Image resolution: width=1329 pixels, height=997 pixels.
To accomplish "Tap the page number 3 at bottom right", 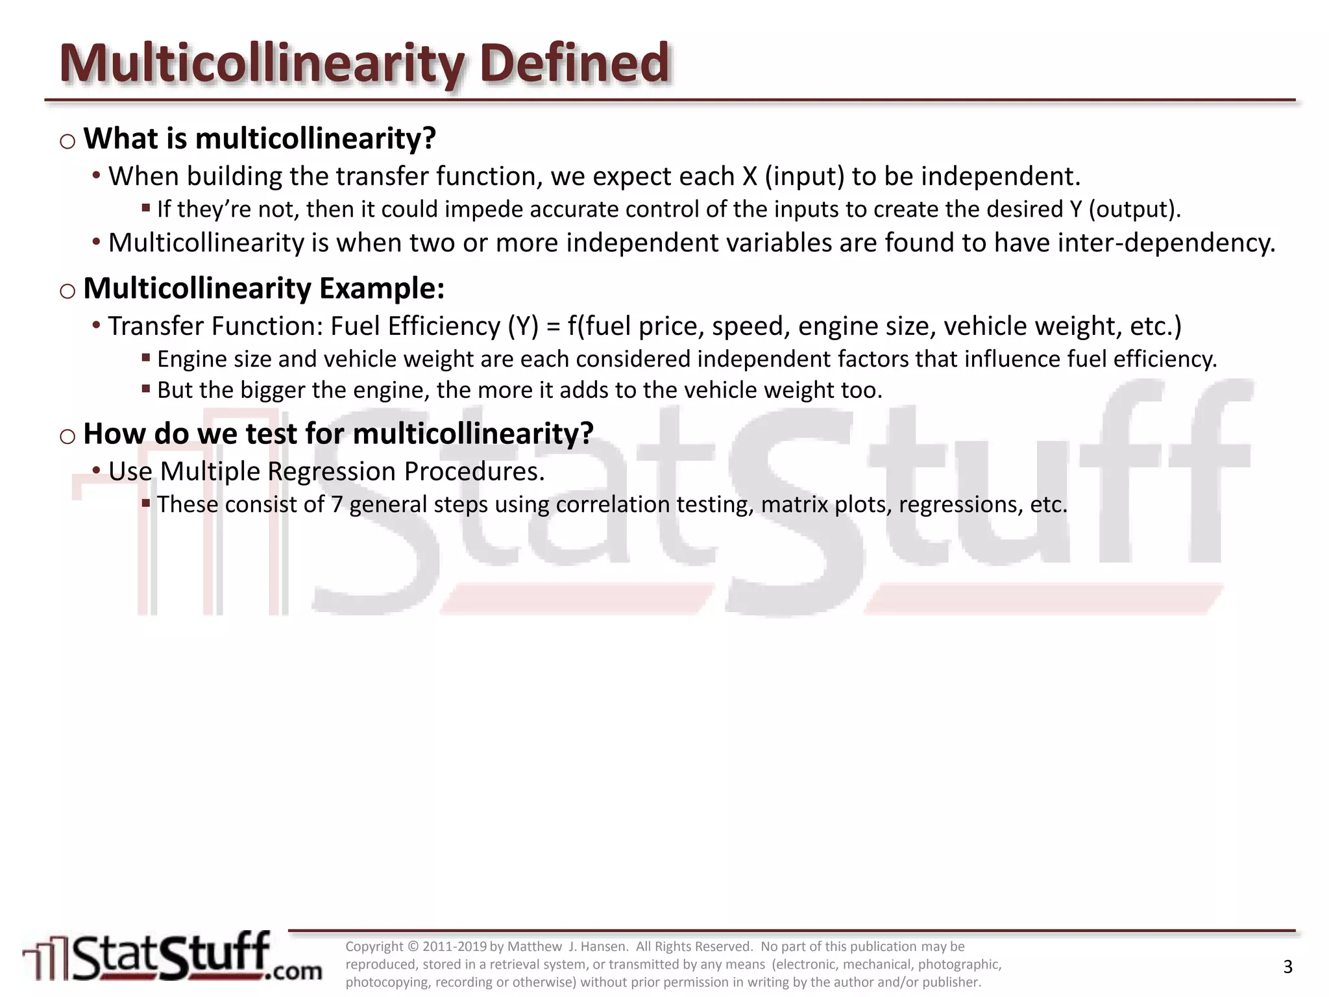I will point(1287,967).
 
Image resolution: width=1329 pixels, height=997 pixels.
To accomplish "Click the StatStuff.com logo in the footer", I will point(172,957).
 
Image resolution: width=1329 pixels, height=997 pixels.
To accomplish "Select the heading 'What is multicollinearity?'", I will point(260,138).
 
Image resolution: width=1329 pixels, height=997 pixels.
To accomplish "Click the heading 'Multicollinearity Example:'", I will point(264,288).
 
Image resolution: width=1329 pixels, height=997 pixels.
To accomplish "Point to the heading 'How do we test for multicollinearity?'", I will point(338,433).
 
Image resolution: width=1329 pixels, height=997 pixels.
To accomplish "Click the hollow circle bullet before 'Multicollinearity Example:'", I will point(67,291).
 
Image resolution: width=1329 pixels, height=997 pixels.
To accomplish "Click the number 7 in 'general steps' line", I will point(337,504).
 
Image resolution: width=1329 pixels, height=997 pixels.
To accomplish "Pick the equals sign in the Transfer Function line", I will point(553,326).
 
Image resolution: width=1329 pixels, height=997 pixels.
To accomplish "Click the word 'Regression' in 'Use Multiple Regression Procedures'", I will point(332,472).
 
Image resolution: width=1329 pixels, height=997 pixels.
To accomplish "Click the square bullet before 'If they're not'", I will point(146,208).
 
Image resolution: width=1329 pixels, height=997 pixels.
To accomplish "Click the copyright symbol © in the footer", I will point(413,947).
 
